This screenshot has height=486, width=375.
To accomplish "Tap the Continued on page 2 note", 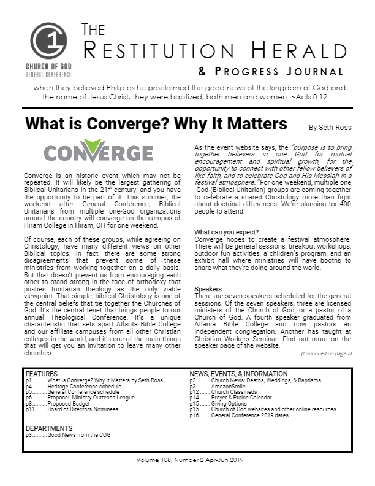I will tap(326, 353).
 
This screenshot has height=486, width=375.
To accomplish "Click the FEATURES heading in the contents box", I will tap(42, 373).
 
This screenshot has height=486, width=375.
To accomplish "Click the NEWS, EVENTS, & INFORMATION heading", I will tap(238, 373).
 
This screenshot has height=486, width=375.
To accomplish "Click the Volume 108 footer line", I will tap(187, 460).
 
